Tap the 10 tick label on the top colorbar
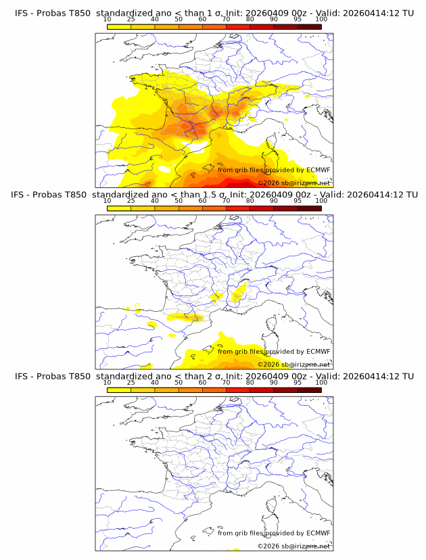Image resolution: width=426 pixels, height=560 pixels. [x=108, y=20]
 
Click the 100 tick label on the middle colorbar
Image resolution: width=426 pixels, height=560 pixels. [x=321, y=201]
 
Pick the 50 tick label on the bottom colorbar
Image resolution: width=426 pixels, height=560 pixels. [x=179, y=382]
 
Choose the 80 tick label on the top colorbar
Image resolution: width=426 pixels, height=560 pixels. [x=250, y=20]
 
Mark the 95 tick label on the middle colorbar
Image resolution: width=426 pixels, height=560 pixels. [x=298, y=201]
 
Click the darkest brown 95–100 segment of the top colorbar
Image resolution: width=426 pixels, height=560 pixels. [x=309, y=26]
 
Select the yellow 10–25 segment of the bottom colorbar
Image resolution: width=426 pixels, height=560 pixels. [x=119, y=390]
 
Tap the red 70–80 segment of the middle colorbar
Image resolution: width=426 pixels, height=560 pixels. [x=238, y=208]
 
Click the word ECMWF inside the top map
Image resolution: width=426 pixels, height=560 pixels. [x=318, y=170]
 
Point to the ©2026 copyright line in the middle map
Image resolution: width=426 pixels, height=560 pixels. [x=293, y=365]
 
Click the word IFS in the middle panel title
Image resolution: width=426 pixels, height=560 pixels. [x=22, y=195]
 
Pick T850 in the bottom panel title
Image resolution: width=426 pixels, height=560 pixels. [x=79, y=376]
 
